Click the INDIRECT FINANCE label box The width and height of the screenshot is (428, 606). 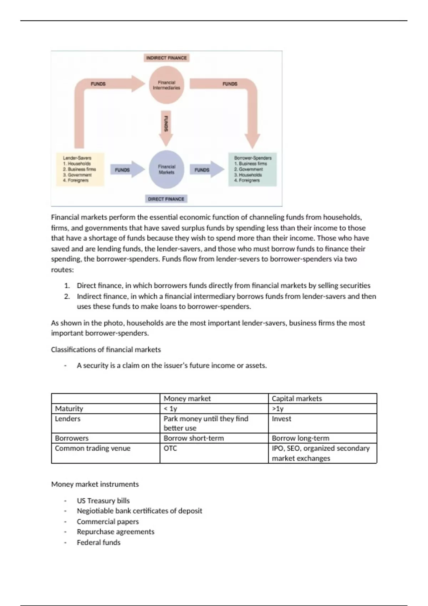(166, 58)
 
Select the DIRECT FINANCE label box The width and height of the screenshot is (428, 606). (166, 199)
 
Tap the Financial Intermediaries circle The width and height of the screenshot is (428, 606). (166, 85)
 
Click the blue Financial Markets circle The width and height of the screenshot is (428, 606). (166, 170)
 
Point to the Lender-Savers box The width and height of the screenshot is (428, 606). (80, 169)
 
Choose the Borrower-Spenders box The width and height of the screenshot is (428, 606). (253, 169)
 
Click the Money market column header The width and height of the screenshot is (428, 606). (187, 399)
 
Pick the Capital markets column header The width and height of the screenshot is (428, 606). (297, 399)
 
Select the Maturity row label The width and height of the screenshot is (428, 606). (69, 409)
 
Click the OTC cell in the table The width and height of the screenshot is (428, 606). (170, 448)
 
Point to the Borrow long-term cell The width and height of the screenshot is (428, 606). (300, 438)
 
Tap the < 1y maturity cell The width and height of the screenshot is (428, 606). (170, 409)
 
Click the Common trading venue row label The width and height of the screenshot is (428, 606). (93, 448)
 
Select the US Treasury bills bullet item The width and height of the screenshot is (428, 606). (103, 500)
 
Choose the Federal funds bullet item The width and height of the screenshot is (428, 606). (98, 542)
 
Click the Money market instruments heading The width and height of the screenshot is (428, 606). (95, 484)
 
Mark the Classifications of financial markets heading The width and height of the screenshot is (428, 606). (106, 349)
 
